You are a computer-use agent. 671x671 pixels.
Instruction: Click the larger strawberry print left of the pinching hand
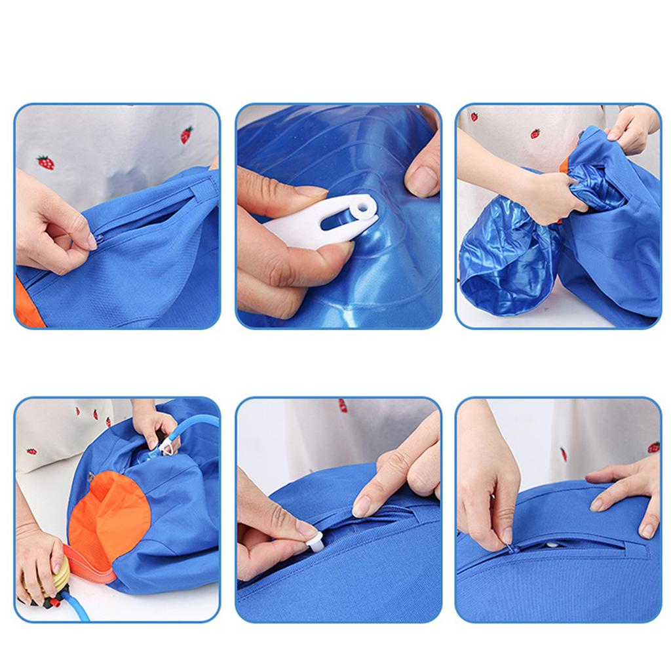tap(45, 161)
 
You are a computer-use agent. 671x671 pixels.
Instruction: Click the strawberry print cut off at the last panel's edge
tap(654, 447)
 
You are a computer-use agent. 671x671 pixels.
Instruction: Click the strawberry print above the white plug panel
tap(343, 405)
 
